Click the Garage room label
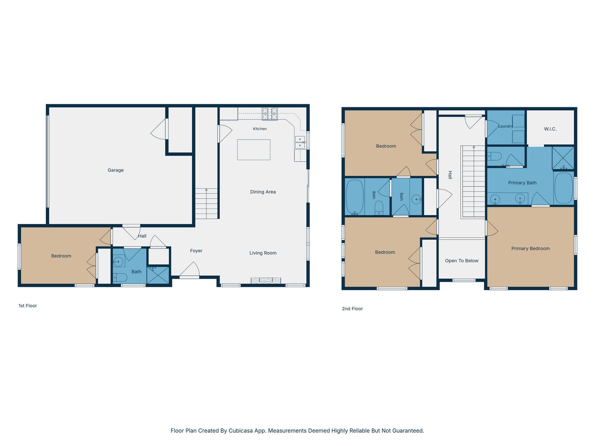[116, 170]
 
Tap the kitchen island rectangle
[254, 150]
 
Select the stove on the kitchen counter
[270, 114]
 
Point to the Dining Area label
[263, 192]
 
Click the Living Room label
[263, 253]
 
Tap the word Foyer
[196, 251]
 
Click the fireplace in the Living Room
[266, 281]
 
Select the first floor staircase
[206, 203]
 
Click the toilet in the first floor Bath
[120, 277]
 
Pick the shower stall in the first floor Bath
[158, 275]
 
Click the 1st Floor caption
[28, 306]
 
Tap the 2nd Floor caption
[352, 309]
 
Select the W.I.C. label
[550, 129]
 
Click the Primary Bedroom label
[531, 249]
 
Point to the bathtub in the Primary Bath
[564, 188]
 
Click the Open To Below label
[462, 261]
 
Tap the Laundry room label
[506, 126]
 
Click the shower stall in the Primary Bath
[563, 158]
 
